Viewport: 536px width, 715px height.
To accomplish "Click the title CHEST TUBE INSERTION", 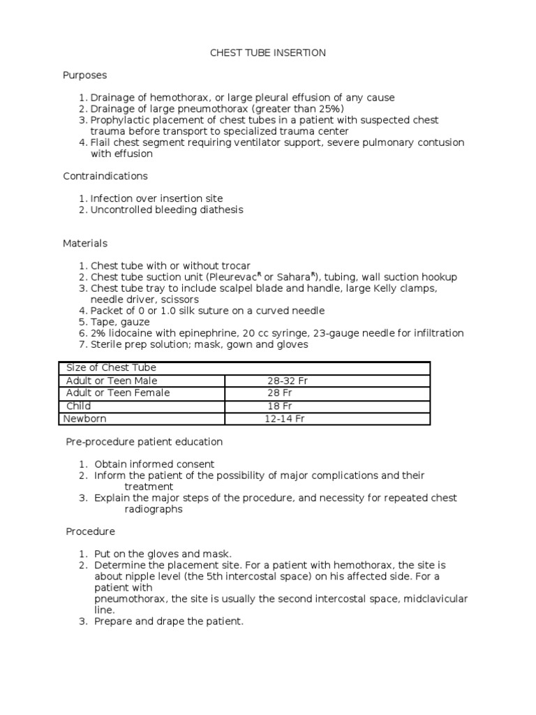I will (x=268, y=52).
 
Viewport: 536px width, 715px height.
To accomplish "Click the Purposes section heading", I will (x=84, y=75).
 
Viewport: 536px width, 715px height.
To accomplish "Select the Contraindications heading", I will (x=105, y=176).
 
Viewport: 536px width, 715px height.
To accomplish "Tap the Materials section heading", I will (x=85, y=243).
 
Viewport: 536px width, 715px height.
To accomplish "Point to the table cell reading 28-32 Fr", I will (x=287, y=381).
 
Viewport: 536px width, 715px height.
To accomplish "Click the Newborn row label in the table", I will (x=87, y=418).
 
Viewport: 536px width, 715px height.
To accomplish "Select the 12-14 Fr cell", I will (x=285, y=418).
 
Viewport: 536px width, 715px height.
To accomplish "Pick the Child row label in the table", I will (x=78, y=406).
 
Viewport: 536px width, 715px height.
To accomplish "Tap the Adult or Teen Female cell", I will (x=117, y=393).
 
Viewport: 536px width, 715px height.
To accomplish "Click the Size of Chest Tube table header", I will (x=110, y=368).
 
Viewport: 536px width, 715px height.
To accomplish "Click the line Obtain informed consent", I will (x=154, y=464).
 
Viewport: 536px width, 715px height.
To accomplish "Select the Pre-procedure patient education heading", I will (x=144, y=441).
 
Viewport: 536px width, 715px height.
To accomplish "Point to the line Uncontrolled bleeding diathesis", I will (x=167, y=209).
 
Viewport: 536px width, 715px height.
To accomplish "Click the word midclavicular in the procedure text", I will (x=433, y=598).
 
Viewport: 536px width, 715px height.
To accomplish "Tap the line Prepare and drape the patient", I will (x=169, y=621).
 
